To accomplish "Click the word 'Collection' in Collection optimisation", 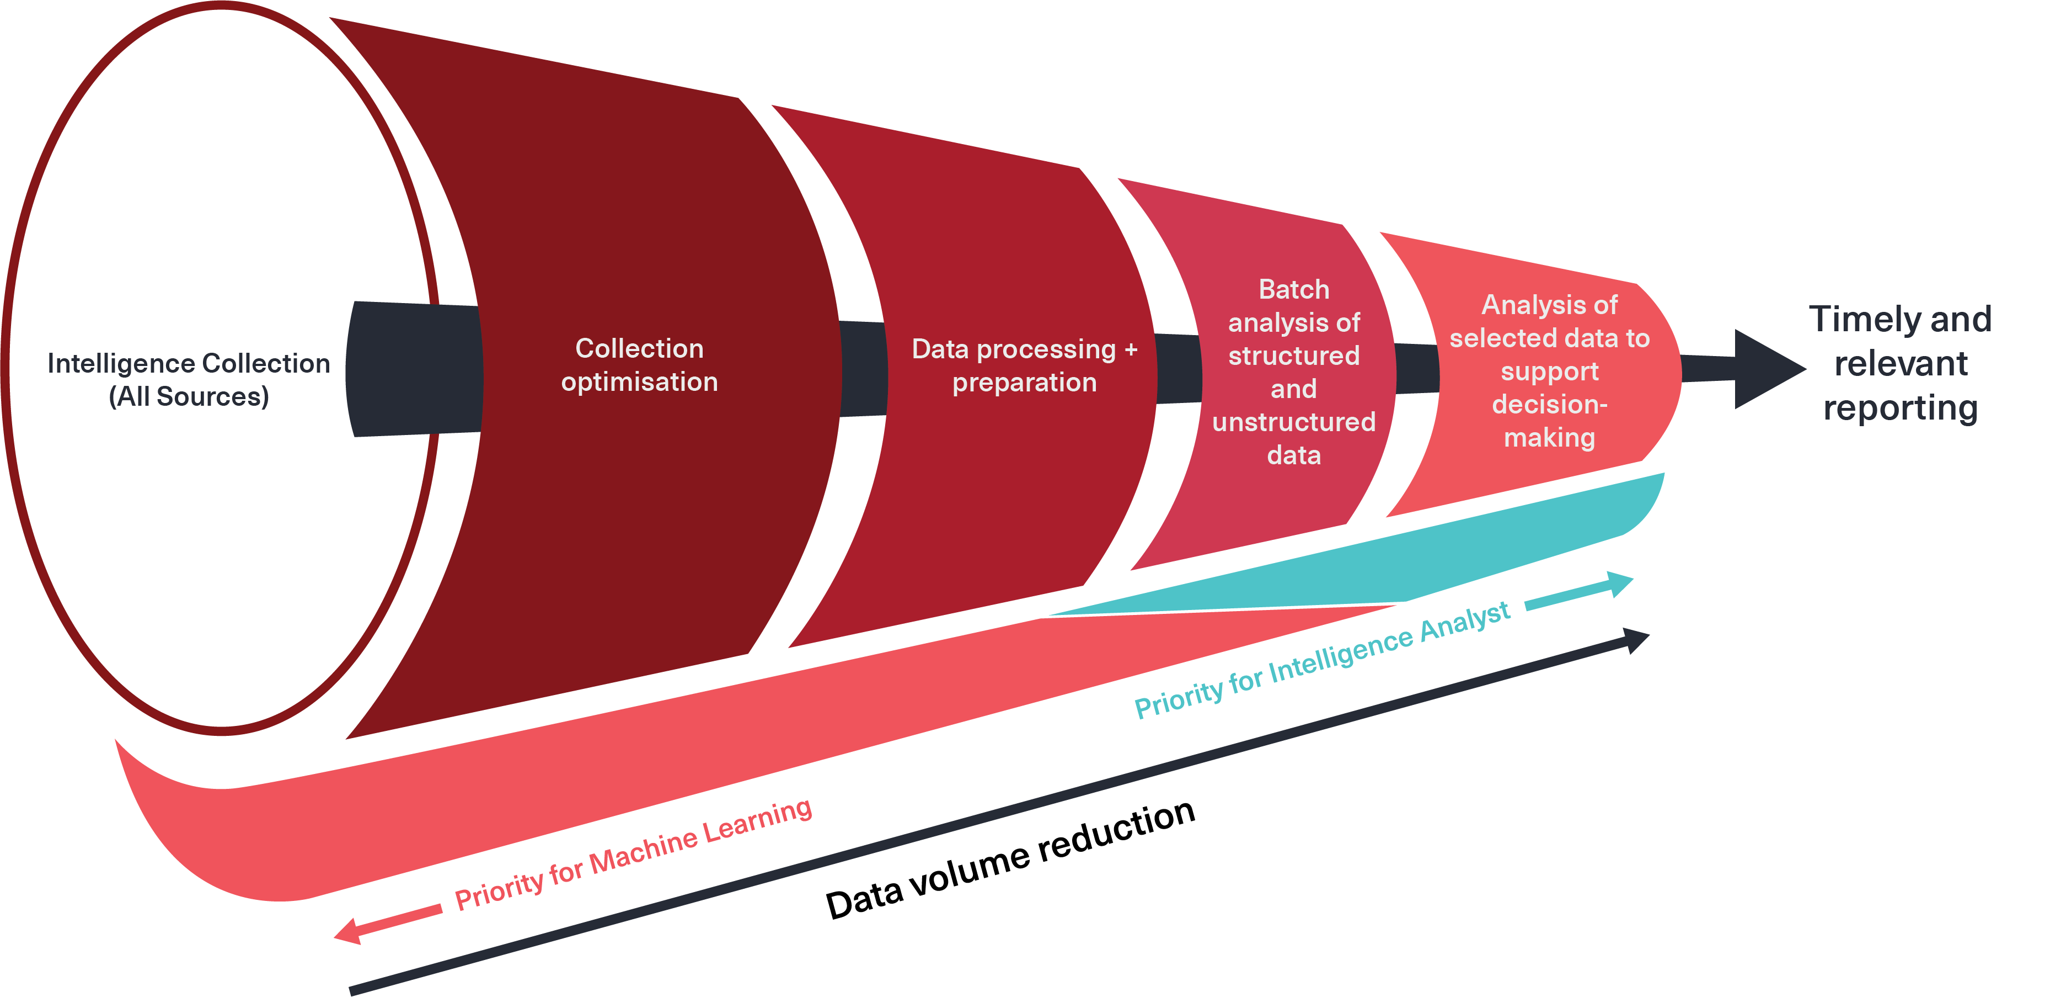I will coord(639,349).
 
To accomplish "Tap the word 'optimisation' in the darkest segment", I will coord(639,382).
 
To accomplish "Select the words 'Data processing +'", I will coord(1024,349).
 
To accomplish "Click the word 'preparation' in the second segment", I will coord(1024,383).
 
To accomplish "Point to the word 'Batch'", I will coord(1293,289).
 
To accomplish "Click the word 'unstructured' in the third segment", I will coord(1293,422).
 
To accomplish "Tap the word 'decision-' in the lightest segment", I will coord(1549,405).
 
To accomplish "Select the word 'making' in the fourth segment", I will coord(1549,438).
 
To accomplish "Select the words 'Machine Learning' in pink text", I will coord(700,844).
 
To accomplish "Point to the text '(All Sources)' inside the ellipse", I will coord(189,396).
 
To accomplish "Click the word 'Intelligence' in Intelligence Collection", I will coord(99,364).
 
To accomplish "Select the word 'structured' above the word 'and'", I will coord(1293,356).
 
